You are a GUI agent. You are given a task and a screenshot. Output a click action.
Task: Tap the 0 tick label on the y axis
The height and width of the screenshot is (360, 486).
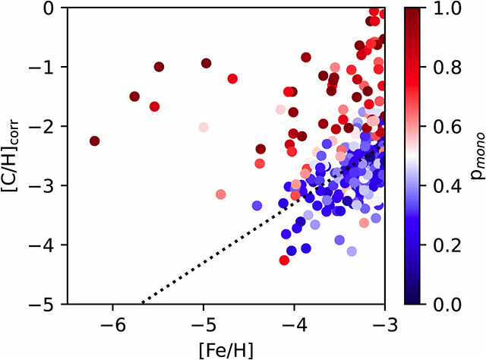pos(55,8)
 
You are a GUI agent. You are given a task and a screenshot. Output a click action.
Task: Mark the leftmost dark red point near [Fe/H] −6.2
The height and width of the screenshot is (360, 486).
pos(94,141)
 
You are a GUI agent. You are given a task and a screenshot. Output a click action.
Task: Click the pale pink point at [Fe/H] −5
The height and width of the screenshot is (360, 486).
pos(204,127)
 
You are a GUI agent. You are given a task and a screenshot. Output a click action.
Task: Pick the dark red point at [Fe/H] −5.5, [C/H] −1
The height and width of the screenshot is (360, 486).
pos(159,67)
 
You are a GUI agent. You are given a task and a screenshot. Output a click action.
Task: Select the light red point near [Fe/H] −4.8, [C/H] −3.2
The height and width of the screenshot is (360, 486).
pos(221,194)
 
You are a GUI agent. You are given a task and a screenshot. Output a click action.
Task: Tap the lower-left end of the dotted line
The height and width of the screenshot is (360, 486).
pos(143,303)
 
